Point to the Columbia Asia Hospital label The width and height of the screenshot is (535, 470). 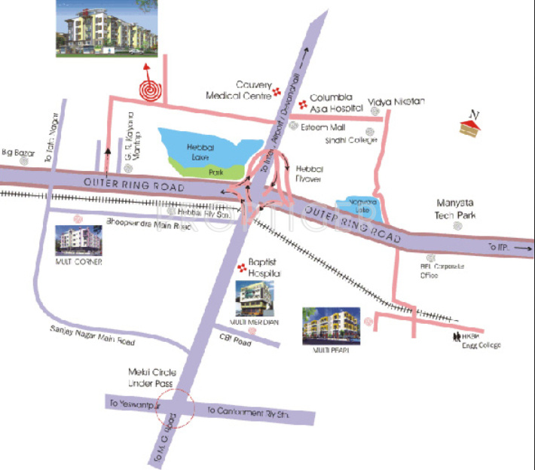point(331,102)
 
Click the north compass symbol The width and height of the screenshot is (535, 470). point(471,124)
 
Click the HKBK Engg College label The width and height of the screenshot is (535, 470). point(476,340)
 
